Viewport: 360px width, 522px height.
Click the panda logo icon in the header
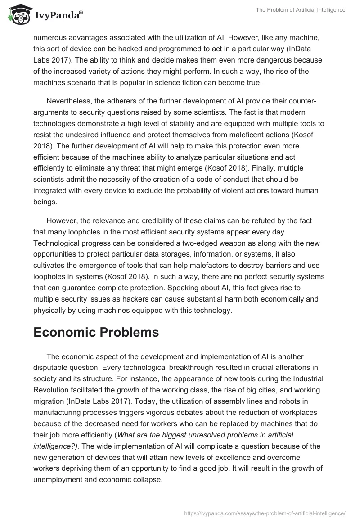[18, 15]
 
